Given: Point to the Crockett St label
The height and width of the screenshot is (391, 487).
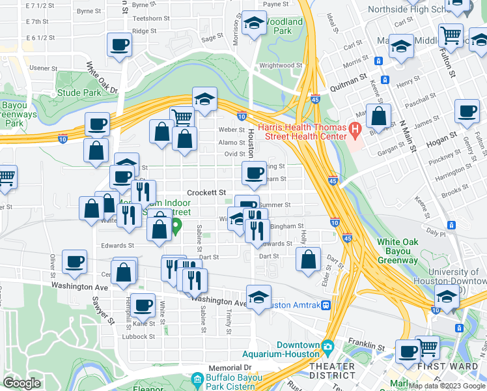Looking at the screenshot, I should (x=206, y=193).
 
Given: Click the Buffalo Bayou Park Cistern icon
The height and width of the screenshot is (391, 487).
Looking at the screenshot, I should (x=197, y=379).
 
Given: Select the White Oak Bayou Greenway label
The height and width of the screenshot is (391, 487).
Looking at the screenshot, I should (x=397, y=251).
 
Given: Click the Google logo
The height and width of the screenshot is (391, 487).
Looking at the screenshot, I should (x=21, y=383).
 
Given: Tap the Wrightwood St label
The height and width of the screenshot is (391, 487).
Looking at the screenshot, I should (x=281, y=65).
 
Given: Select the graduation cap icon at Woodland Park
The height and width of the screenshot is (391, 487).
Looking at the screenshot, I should (x=252, y=24).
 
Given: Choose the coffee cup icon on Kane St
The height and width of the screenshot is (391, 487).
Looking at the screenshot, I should (x=143, y=304).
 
